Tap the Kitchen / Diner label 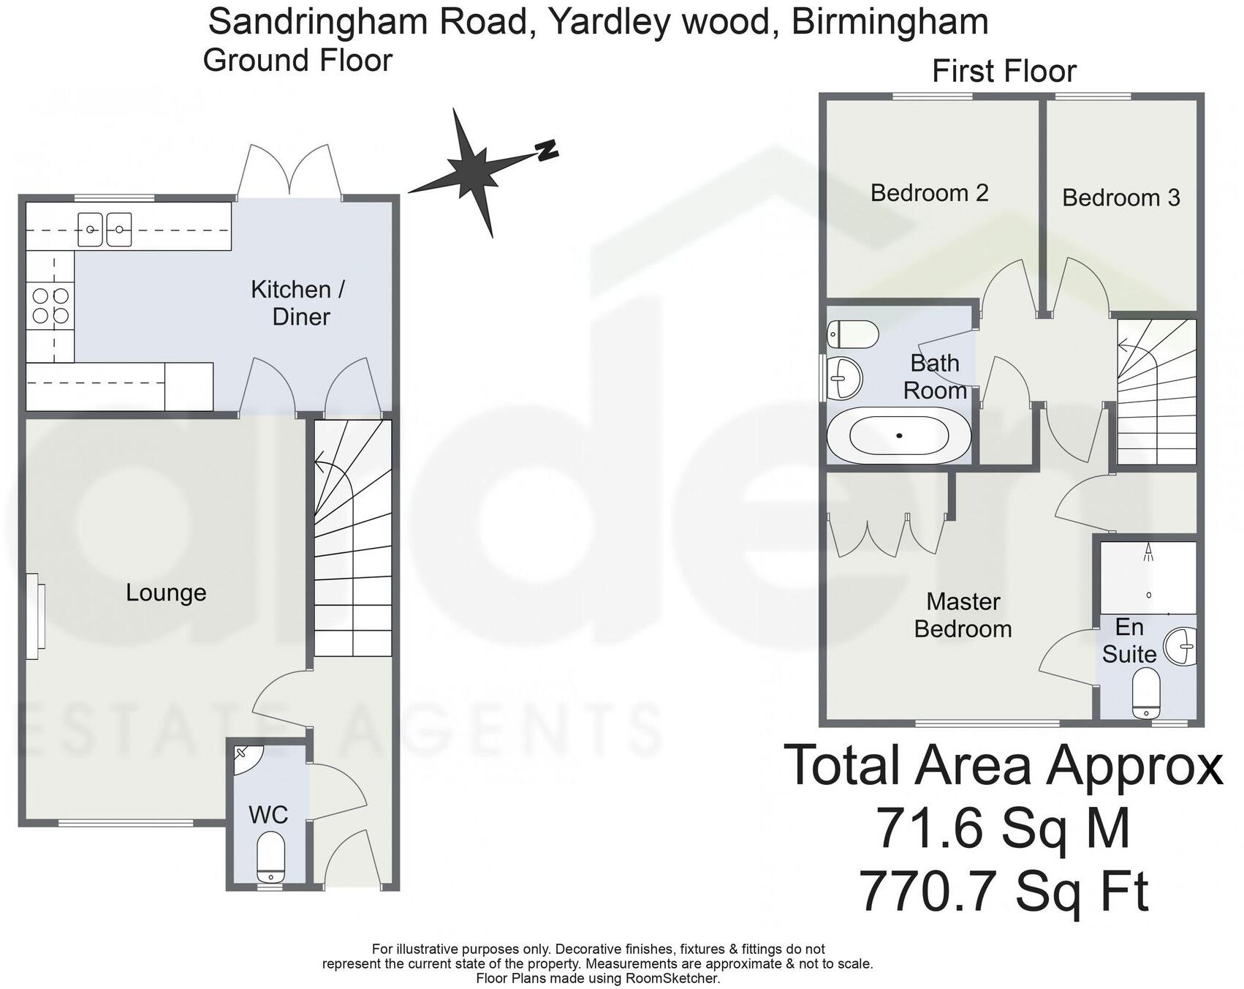point(298,303)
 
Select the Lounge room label point(166,593)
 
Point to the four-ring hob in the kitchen point(50,306)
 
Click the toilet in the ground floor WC point(271,856)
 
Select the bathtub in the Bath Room point(899,436)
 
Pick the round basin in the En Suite point(1180,646)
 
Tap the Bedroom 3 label point(1120,198)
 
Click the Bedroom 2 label point(929,193)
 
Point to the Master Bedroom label point(963,615)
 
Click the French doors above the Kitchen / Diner point(289,172)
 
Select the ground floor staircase point(352,538)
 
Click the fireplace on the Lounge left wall point(34,612)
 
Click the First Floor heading point(1004,72)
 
